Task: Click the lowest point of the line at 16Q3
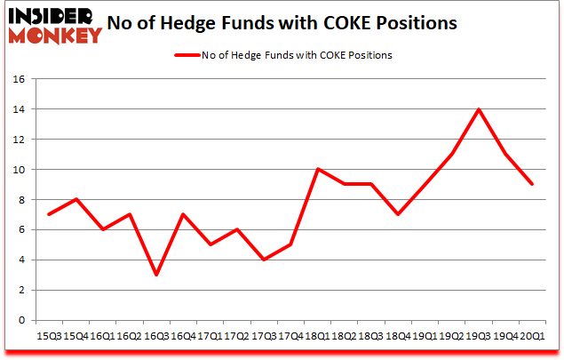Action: (x=156, y=275)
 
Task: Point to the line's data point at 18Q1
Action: (x=317, y=169)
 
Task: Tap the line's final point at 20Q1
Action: (x=532, y=184)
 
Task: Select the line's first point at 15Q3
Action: (x=49, y=214)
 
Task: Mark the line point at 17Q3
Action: (x=264, y=260)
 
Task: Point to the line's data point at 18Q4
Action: (x=398, y=214)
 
